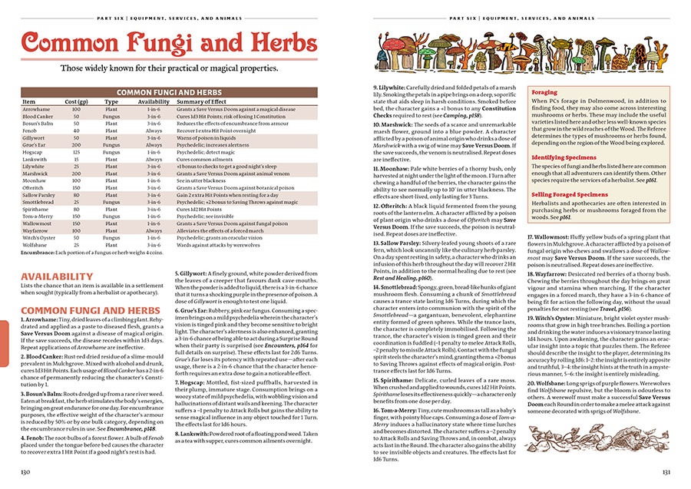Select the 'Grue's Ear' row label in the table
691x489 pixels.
[35, 144]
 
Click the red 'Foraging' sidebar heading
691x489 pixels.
[545, 92]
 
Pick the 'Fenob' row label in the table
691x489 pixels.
[30, 130]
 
